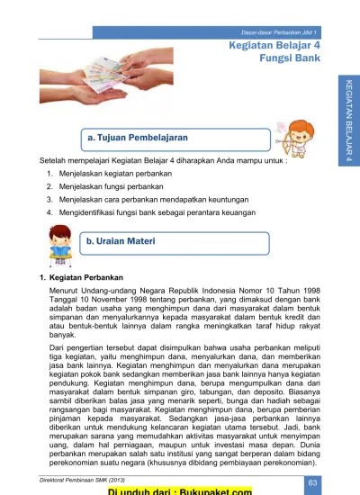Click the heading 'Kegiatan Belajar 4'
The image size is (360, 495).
[274, 44]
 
